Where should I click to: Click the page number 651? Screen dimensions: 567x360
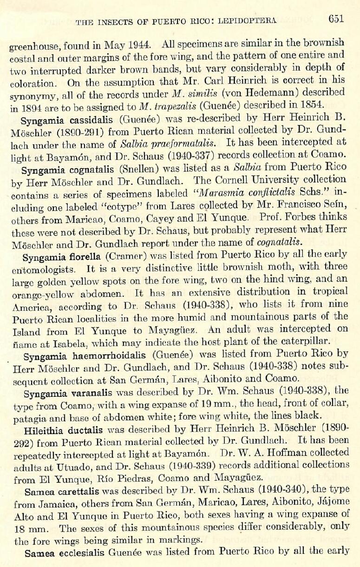[x=335, y=19]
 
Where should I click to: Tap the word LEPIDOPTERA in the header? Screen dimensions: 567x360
[x=251, y=20]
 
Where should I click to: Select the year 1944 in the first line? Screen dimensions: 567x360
[x=138, y=46]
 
